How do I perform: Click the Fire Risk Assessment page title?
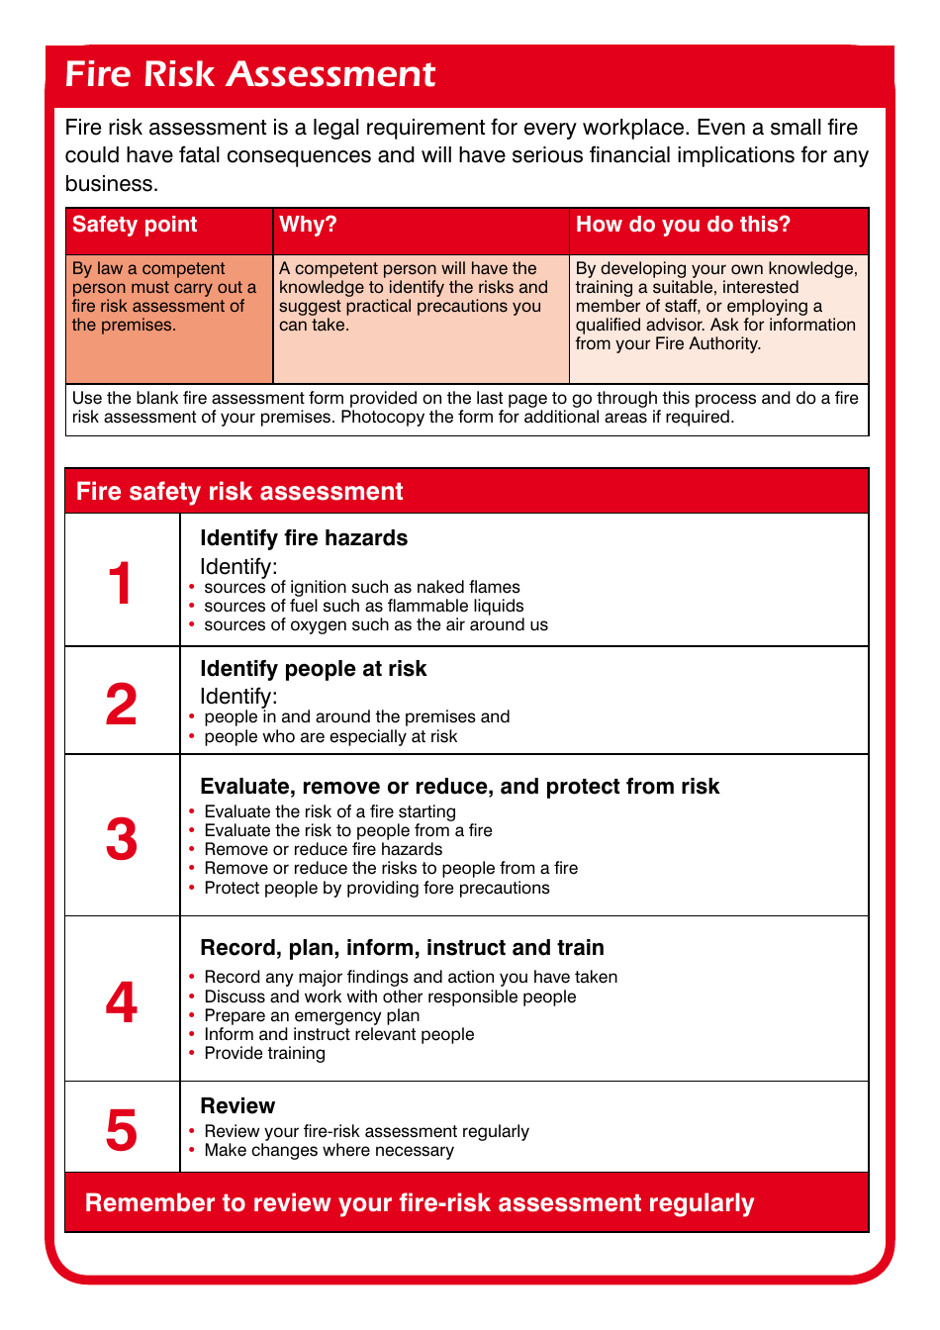coord(249,74)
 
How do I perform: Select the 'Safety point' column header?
coord(135,225)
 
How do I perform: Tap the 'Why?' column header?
coord(308,225)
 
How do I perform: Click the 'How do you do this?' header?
coord(683,225)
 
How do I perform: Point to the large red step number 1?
coord(121,583)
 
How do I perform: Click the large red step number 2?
coord(121,705)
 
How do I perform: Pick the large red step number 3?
coord(121,839)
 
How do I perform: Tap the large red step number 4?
coord(121,1002)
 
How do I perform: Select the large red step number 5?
coord(121,1130)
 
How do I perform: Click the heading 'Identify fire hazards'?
coord(304,538)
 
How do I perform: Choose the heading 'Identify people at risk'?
coord(313,669)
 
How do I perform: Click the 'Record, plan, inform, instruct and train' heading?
coord(402,948)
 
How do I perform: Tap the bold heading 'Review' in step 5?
coord(237,1106)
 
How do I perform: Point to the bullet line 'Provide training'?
coord(264,1053)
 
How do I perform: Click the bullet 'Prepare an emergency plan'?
coord(312,1015)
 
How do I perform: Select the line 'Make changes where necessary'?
coord(329,1150)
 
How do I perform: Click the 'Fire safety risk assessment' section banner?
coord(239,492)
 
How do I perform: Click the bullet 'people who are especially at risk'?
coord(330,736)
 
